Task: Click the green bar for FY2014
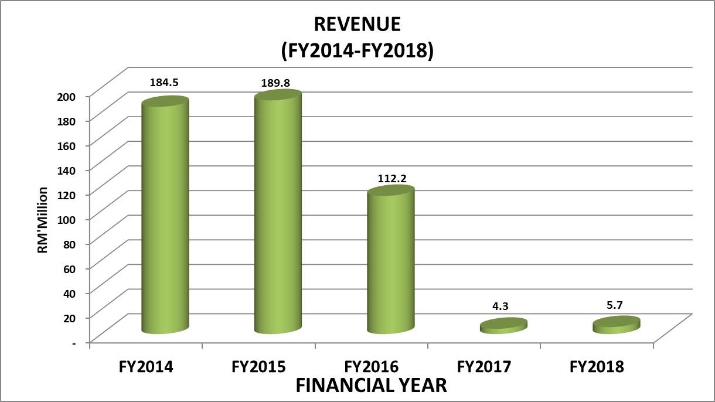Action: coord(165,217)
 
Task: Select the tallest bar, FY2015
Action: coord(277,214)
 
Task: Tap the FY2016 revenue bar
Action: coord(391,261)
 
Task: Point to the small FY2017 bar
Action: coord(503,326)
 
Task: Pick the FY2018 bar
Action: coord(615,325)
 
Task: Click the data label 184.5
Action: coord(164,83)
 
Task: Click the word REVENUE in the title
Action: coord(357,24)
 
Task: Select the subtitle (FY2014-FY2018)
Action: coord(357,51)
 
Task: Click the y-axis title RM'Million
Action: coord(43,220)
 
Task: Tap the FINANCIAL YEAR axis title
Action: coord(371,386)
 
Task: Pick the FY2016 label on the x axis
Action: coord(372,367)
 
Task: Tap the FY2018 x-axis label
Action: coord(597,367)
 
